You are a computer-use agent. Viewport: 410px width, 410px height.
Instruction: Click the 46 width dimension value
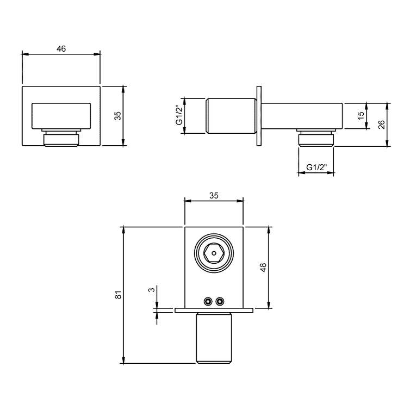61,48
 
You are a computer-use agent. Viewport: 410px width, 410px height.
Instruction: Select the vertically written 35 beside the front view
117,116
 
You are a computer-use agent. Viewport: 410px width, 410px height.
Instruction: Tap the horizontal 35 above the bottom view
214,196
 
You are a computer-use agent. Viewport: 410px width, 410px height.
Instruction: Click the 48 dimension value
263,267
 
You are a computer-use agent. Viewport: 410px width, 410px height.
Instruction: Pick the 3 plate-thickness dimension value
152,289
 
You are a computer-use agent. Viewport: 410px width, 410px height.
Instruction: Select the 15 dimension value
361,115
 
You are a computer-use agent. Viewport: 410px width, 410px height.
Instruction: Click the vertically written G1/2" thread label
178,115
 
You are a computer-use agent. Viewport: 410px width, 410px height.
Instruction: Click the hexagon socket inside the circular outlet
215,253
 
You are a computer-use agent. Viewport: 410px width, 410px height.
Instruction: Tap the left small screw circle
207,301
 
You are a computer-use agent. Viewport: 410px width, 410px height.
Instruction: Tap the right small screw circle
220,301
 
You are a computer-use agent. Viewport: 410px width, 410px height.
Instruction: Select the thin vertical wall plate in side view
260,115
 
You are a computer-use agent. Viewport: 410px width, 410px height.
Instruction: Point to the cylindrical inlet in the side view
231,115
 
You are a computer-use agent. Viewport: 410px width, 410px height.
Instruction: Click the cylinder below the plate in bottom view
214,337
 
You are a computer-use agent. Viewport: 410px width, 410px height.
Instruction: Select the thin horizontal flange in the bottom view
214,310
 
